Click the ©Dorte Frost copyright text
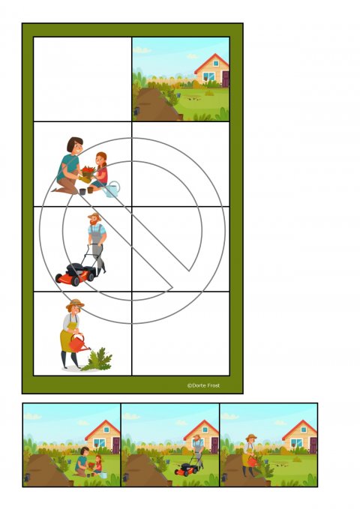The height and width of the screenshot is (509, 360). pos(203,385)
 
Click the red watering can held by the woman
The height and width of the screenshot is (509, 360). pos(79,343)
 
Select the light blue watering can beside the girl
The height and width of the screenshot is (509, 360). pos(112,189)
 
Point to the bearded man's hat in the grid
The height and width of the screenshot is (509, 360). pos(94,216)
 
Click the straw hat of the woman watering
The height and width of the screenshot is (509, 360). pos(75,304)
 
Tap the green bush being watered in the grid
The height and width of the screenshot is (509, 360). pos(97,359)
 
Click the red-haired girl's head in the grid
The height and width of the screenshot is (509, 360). pos(101,159)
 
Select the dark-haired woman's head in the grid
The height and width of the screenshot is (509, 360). pos(75,145)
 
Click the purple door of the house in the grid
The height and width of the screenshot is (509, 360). pos(226,79)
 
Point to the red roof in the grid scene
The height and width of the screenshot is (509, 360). pos(211,63)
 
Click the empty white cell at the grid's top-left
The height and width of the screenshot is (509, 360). pos(82,79)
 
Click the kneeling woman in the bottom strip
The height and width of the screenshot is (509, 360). pos(82,461)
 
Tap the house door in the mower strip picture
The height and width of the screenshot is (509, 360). pos(214,445)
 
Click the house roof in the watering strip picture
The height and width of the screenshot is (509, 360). pos(299,429)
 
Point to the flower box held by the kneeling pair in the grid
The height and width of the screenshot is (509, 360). pos(88,170)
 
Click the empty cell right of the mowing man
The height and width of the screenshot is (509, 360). pos(181,249)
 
